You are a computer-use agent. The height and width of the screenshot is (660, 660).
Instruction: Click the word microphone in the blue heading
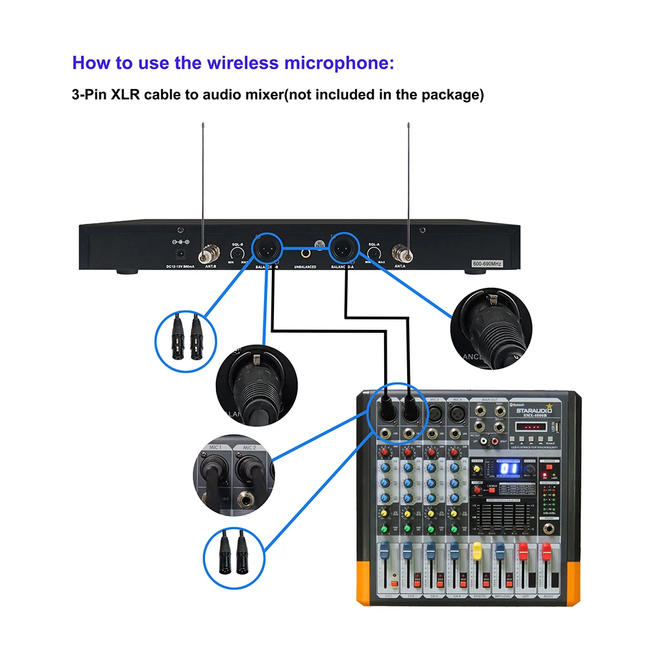(x=336, y=63)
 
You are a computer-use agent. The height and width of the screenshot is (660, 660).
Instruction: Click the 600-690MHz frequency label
(x=487, y=264)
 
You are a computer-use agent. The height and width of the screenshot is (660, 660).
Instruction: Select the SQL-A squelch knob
(x=374, y=253)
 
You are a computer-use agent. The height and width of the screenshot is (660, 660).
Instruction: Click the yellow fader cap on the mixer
(x=477, y=549)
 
